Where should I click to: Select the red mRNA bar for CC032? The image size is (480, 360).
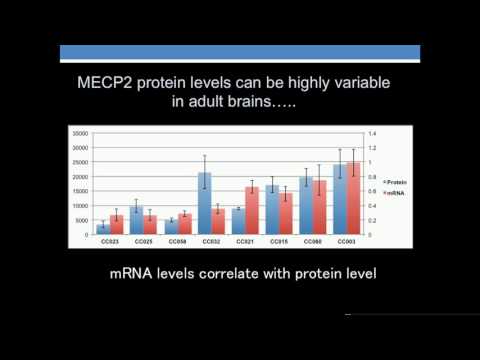(218, 222)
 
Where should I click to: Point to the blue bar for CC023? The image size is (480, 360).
(103, 229)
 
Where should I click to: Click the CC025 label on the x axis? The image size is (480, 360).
(143, 241)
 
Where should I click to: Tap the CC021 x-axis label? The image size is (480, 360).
(245, 241)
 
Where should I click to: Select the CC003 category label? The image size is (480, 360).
(347, 241)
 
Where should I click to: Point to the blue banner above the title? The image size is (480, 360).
(240, 53)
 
